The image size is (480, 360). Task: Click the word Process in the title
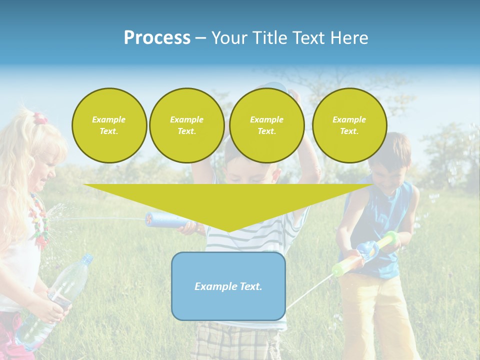pos(157,38)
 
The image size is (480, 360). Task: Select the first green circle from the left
pos(109,125)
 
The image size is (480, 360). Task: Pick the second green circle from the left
pos(186,125)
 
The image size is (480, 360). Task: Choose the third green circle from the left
pos(266,125)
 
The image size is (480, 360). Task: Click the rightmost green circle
pos(349,125)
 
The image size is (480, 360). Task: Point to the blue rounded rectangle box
pos(228,305)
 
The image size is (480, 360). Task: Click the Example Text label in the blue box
pos(228,286)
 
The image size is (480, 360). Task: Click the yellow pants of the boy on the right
pos(375,310)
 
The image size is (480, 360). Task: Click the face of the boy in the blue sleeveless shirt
pos(387,172)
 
